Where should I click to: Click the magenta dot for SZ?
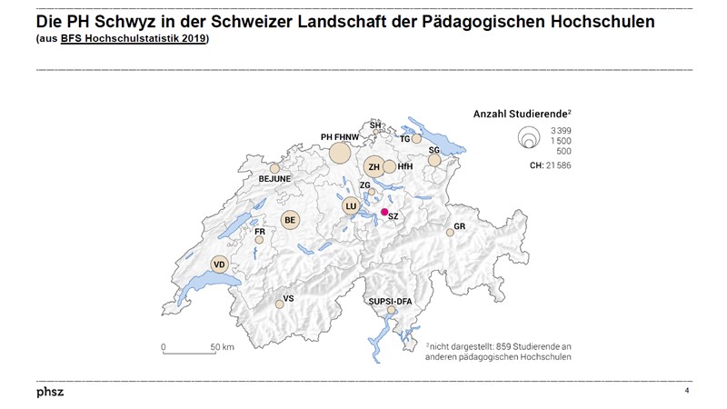(384, 212)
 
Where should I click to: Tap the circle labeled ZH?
(374, 166)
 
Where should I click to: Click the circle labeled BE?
(291, 219)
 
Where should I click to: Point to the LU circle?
(351, 206)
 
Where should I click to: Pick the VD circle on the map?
(219, 264)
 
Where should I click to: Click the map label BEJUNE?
(274, 179)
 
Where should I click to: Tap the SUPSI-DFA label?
(392, 299)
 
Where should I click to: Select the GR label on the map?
(460, 225)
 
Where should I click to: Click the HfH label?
(405, 166)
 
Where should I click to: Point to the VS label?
(289, 298)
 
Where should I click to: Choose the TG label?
(405, 139)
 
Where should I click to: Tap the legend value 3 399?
(559, 132)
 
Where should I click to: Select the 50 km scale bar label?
(222, 347)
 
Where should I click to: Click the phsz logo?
(50, 392)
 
